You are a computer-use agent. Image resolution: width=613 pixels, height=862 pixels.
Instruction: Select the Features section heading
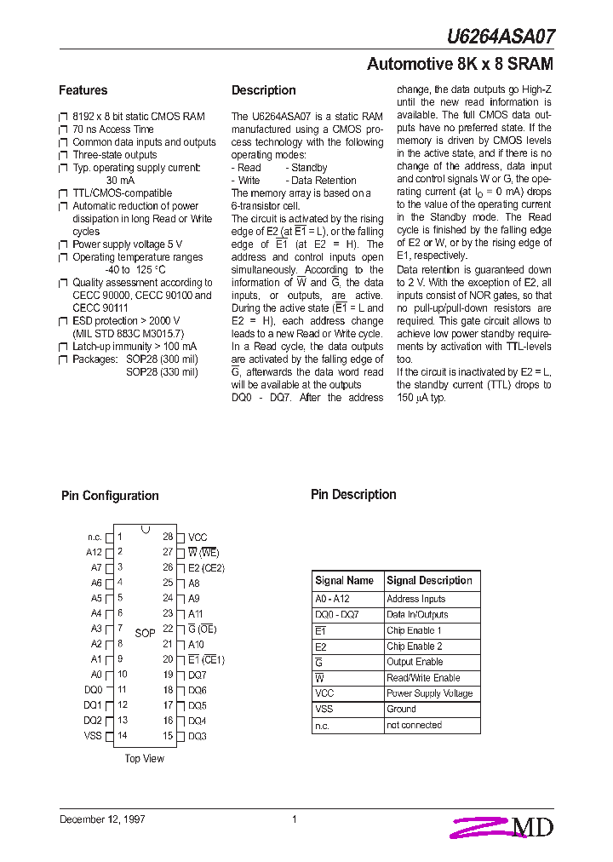point(83,90)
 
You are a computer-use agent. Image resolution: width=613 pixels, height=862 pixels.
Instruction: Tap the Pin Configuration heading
point(110,496)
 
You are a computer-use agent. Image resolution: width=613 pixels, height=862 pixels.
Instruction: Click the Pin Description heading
point(353,495)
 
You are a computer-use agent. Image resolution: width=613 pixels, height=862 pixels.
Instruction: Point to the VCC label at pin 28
point(198,537)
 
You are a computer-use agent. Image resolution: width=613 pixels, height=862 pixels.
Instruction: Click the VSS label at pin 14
point(93,736)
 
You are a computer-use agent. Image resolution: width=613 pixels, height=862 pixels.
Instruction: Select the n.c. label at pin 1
point(95,537)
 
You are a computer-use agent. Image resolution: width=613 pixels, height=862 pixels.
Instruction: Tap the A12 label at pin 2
point(94,552)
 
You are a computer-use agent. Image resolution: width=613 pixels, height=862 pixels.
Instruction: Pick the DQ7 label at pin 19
point(198,675)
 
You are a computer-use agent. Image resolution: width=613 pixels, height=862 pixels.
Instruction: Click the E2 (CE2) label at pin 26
point(206,567)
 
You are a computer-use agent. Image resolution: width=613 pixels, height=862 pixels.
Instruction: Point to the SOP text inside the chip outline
point(145,633)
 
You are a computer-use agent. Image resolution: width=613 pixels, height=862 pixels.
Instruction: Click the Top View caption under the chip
point(145,759)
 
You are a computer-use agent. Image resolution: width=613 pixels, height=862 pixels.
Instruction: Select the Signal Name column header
point(344,581)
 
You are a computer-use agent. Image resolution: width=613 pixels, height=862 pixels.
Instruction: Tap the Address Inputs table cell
point(415,600)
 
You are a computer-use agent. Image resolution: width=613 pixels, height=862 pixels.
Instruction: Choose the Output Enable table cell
point(415,662)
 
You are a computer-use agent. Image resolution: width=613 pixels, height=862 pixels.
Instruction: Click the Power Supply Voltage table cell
point(429,693)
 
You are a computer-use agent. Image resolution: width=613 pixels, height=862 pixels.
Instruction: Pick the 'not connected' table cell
point(414,725)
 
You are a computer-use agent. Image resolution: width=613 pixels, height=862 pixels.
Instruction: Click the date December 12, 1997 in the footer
point(102,819)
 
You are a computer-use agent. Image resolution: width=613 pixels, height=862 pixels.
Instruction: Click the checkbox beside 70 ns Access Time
point(62,130)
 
